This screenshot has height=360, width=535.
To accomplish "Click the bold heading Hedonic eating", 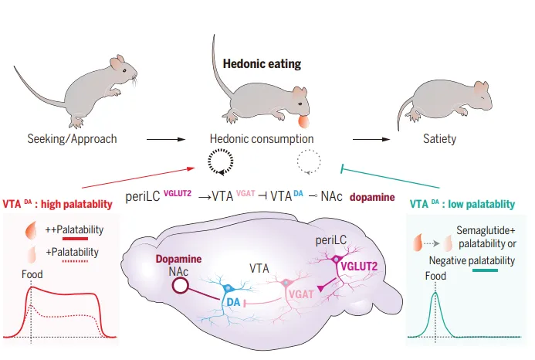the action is click(262, 64).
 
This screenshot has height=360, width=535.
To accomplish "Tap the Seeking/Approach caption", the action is click(72, 139).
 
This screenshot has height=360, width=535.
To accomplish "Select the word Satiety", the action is click(439, 139).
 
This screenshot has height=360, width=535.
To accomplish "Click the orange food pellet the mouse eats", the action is click(303, 121).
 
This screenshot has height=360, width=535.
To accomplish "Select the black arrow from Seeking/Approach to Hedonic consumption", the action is click(166, 139).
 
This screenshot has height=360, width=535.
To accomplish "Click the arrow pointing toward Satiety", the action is click(371, 139).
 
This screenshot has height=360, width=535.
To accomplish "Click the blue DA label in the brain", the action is click(234, 302).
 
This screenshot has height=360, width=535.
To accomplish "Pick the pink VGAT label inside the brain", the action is click(301, 294).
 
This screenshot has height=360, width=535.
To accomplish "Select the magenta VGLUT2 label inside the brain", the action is click(359, 266).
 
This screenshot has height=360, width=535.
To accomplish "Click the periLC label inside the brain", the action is click(330, 240).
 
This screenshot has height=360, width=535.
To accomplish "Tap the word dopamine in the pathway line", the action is click(372, 197).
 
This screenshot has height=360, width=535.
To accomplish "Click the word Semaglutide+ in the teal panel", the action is click(486, 230).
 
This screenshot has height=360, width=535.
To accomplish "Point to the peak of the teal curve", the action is click(435, 293).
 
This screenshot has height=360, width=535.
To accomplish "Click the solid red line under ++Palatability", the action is click(76, 239).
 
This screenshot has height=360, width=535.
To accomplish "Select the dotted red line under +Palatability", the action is click(76, 261).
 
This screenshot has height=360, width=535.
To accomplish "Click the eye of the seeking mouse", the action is click(124, 71).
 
